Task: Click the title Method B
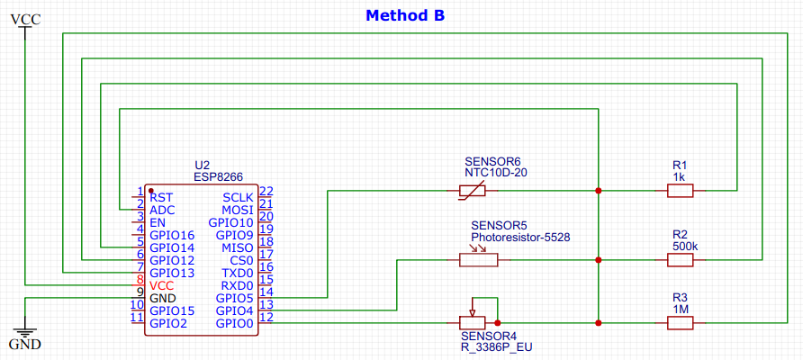click(404, 16)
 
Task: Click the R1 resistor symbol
click(680, 191)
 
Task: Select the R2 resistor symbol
click(680, 260)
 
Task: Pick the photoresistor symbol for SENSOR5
click(477, 259)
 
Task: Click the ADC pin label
click(162, 210)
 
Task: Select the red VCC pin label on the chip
click(162, 285)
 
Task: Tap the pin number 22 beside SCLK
click(266, 191)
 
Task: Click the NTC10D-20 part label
click(495, 173)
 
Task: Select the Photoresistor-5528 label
click(520, 238)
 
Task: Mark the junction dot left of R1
click(598, 191)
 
